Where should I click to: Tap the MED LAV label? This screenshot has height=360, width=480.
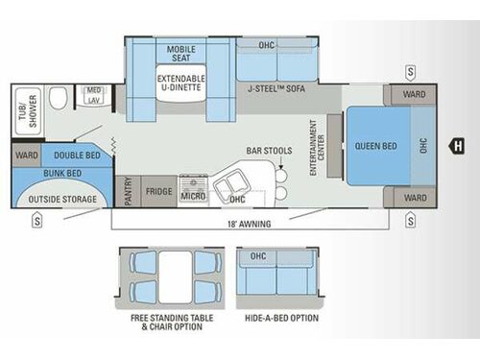[94, 95]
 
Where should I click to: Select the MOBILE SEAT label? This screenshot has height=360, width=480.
[181, 53]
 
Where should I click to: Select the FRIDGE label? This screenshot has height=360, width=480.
[159, 191]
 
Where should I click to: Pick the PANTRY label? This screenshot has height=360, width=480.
[123, 191]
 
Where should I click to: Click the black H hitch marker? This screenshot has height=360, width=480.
[458, 146]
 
